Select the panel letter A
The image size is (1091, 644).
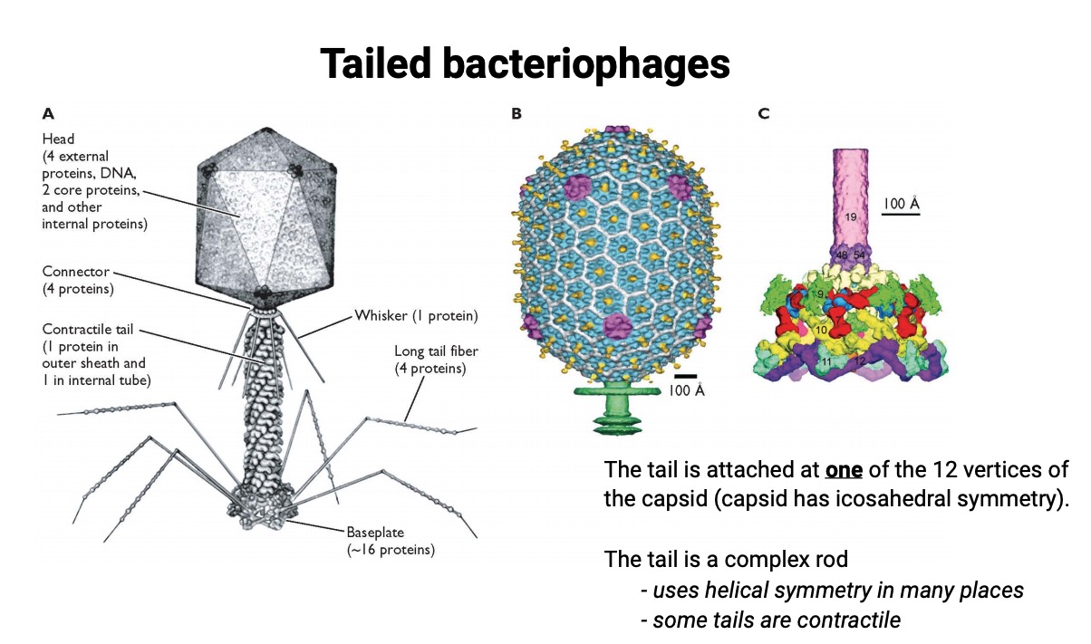point(48,114)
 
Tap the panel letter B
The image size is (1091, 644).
point(517,114)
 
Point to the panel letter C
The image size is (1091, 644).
point(764,114)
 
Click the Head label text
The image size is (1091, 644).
point(58,139)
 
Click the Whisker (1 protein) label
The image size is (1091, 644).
point(416,316)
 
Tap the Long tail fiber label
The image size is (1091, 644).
point(434,351)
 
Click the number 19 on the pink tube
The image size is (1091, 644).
point(850,217)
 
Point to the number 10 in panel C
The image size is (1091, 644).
point(821,331)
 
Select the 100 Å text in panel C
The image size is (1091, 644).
point(901,204)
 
